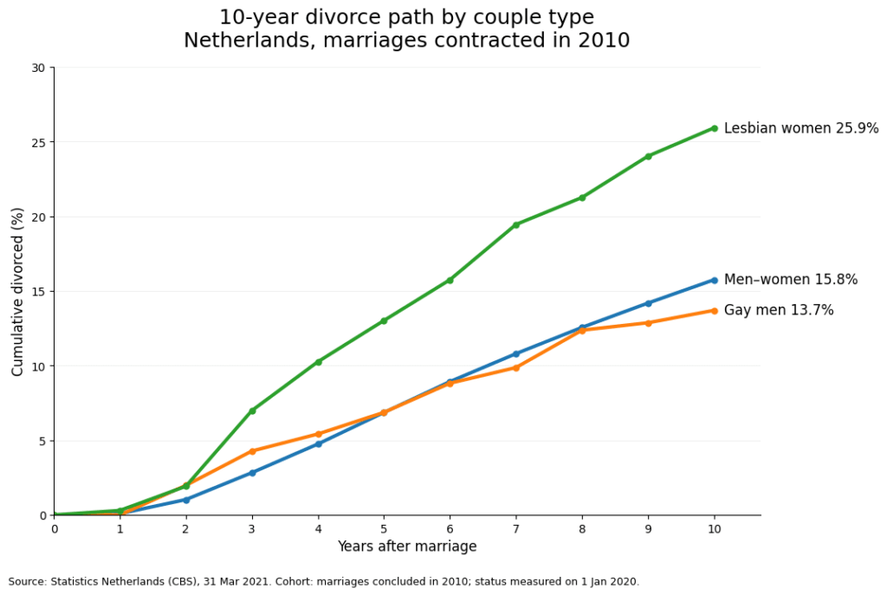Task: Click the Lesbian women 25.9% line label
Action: pos(800,128)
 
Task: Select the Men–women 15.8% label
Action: pos(790,280)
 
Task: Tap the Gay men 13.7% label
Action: pos(778,310)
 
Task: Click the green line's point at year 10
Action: pos(714,128)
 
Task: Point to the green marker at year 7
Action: pos(516,224)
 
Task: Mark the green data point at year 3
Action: pos(252,411)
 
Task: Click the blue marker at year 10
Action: pos(714,280)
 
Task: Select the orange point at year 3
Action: pos(252,451)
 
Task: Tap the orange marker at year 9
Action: pos(648,323)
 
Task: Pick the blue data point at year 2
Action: pos(186,500)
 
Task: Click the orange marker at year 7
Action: pos(516,367)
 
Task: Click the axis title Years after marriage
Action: pos(406,546)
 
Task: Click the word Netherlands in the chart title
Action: pos(236,41)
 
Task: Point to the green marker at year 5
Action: pos(384,320)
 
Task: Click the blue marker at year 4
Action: pos(318,443)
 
